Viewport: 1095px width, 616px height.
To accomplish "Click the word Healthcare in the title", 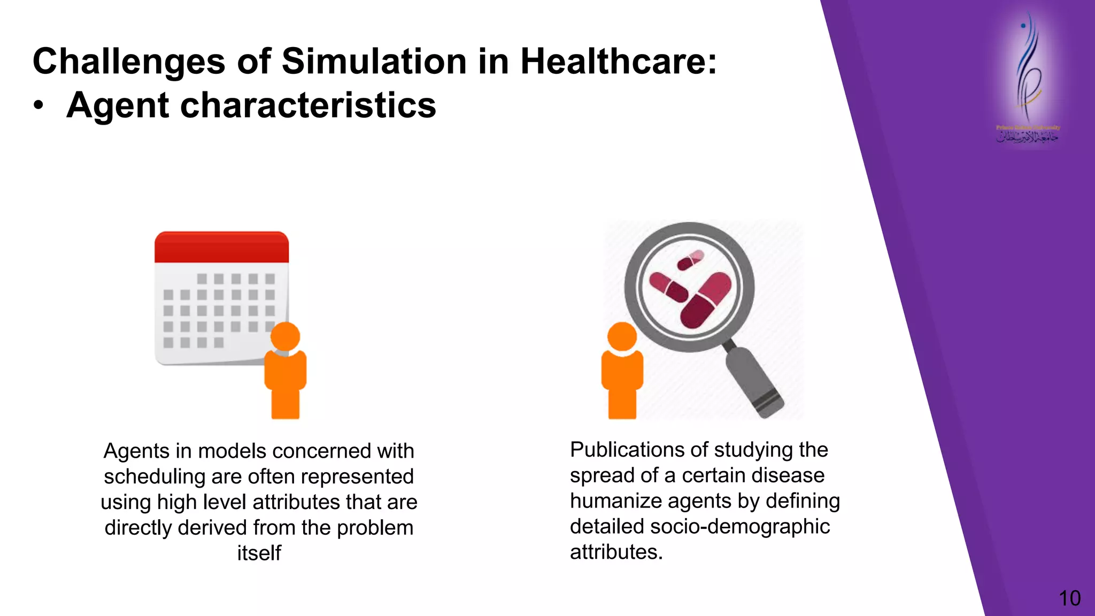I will click(x=618, y=61).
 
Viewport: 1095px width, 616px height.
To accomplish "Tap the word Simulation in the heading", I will click(x=374, y=61).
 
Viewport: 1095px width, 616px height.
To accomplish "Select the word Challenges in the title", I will click(x=129, y=62).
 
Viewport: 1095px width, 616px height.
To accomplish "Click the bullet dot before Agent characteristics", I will click(x=38, y=105).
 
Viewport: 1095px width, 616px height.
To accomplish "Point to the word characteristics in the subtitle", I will click(x=308, y=105).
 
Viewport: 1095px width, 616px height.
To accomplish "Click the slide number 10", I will click(x=1069, y=598).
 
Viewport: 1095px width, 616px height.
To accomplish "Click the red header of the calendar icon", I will click(x=221, y=247).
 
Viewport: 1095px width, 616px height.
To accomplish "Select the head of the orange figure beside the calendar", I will click(x=285, y=336).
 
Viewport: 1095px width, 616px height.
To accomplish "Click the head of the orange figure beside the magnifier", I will click(x=622, y=337).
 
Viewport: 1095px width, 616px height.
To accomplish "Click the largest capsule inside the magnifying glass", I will click(x=705, y=300).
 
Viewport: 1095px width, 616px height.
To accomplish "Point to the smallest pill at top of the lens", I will click(x=691, y=260).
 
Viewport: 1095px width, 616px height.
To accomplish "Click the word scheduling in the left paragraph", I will click(x=151, y=476).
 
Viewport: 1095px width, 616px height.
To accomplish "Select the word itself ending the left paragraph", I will click(x=259, y=553).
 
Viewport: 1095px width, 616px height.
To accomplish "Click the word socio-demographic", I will click(x=740, y=527).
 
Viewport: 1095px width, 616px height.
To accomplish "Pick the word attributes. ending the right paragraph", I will click(x=616, y=552).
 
